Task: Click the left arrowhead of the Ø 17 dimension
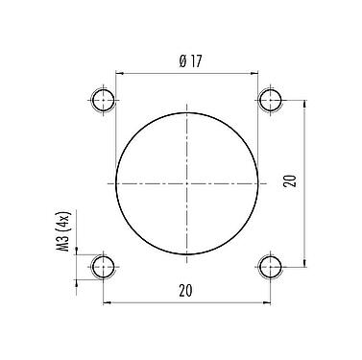pos(119,72)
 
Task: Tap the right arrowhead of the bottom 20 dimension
pos(268,301)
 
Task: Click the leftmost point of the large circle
pos(116,182)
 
